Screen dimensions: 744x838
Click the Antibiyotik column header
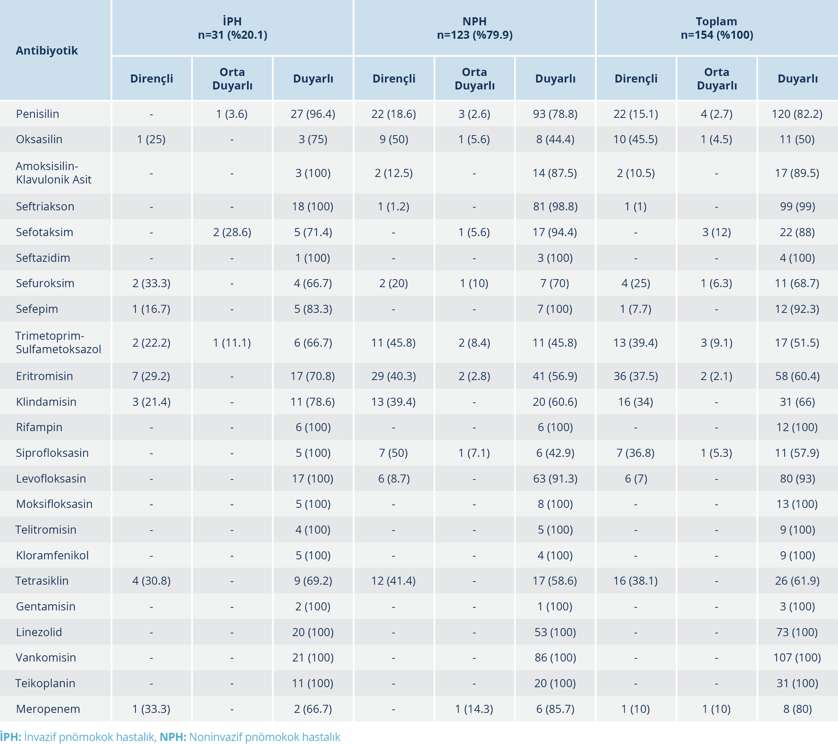[x=47, y=50]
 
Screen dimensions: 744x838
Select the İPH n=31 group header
[x=233, y=28]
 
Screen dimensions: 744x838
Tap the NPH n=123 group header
[x=474, y=28]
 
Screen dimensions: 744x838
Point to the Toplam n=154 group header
[x=717, y=28]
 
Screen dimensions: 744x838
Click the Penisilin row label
[x=37, y=114]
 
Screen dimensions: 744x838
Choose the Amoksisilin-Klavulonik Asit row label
[x=53, y=173]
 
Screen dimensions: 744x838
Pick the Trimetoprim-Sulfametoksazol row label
[x=58, y=342]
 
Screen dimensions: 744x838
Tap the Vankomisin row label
[x=46, y=658]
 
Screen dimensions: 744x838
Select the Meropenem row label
[x=48, y=709]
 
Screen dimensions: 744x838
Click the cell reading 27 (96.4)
[x=313, y=114]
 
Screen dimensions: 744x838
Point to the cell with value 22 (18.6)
[x=394, y=114]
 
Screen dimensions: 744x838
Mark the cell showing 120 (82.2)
[x=797, y=114]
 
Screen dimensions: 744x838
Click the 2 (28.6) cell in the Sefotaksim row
[x=232, y=232]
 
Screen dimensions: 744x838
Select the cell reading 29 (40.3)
[x=394, y=376]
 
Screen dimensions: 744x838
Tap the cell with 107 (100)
[x=797, y=658]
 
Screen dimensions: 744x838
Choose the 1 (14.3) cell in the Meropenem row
[x=474, y=709]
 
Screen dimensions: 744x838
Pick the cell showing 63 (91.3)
[x=555, y=478]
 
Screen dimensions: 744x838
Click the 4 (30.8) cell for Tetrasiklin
[x=151, y=581]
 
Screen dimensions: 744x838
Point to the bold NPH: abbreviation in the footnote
[x=173, y=737]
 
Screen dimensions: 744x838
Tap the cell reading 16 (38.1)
[x=635, y=581]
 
